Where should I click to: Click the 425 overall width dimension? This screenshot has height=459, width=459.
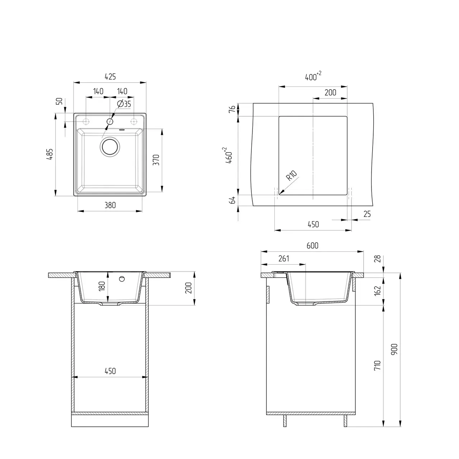(x=110, y=76)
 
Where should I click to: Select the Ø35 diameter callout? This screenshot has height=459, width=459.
(x=124, y=104)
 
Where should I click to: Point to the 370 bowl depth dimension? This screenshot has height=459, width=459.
(x=156, y=160)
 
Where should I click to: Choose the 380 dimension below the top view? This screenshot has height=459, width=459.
(x=110, y=205)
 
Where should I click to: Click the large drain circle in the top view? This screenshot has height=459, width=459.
(x=109, y=147)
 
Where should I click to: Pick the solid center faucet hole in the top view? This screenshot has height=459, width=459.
(x=110, y=122)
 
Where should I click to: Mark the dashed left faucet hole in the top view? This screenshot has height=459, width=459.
(x=86, y=121)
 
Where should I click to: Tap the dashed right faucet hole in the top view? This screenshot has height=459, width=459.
(x=134, y=121)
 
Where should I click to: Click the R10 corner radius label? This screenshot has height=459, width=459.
(x=291, y=176)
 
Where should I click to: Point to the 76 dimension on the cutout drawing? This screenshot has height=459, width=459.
(x=232, y=109)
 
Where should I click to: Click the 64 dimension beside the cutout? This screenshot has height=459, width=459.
(x=232, y=200)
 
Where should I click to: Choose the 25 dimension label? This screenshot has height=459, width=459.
(x=367, y=214)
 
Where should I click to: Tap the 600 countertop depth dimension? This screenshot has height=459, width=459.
(x=312, y=246)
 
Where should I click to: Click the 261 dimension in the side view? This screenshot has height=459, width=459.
(x=283, y=259)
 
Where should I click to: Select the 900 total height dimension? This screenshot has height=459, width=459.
(x=394, y=349)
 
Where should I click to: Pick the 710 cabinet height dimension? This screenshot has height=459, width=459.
(x=377, y=365)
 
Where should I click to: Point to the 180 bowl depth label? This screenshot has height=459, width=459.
(x=102, y=286)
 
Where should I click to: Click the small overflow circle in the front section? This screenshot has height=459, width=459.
(x=122, y=279)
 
